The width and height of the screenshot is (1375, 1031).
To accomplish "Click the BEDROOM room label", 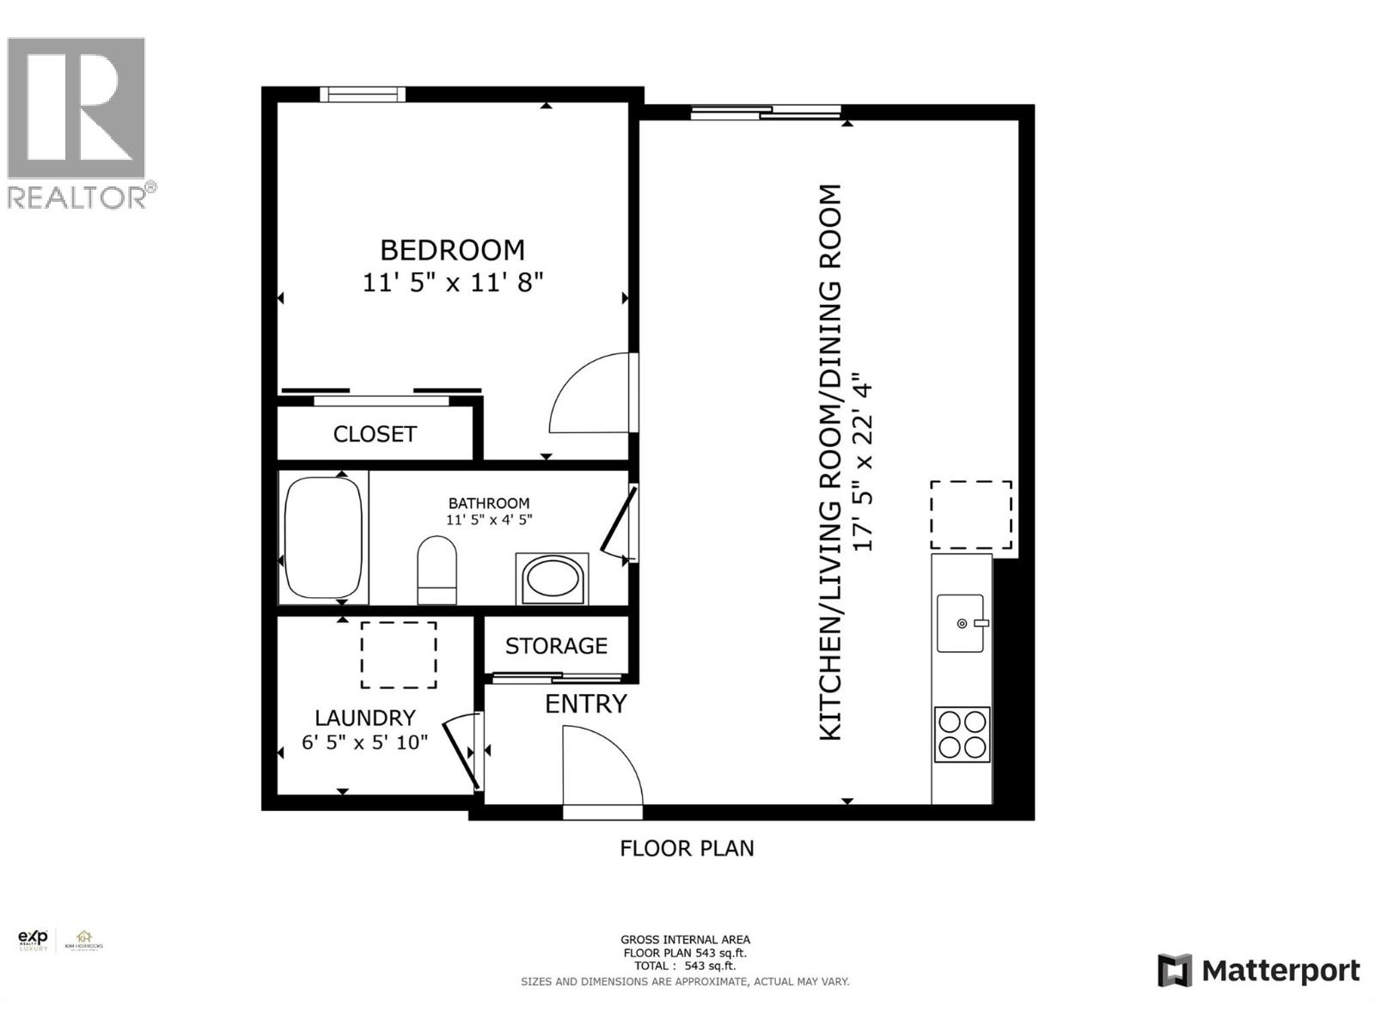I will [452, 250].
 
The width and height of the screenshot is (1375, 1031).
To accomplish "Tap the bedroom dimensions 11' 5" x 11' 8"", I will [452, 282].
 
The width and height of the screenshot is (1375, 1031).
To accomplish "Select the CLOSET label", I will [375, 434].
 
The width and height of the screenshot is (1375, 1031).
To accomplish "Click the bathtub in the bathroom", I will [323, 538].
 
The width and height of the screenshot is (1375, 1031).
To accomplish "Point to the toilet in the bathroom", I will [437, 570].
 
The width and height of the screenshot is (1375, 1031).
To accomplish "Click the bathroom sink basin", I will [552, 579].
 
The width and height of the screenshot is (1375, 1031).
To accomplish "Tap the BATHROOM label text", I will [489, 503].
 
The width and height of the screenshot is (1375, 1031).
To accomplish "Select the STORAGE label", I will [556, 646].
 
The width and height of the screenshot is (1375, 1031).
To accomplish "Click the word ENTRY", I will [586, 704].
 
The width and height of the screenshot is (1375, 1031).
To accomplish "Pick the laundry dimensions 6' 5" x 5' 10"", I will [364, 741].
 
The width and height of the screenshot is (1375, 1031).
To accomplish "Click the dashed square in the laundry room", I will [398, 655].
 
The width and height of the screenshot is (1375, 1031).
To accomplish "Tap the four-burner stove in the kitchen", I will [962, 734].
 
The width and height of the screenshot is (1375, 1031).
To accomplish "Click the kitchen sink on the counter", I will [961, 623].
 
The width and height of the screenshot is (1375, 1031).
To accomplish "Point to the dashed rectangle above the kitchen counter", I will [970, 515].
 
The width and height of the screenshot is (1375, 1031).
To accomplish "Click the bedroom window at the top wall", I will [362, 95].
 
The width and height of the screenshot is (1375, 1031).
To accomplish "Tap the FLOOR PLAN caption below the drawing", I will [687, 849].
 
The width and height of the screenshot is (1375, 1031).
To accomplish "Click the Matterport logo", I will [1258, 971].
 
